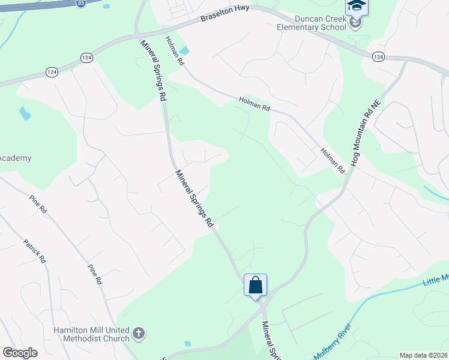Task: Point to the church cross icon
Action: tap(138, 333)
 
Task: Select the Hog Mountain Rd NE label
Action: tap(366, 133)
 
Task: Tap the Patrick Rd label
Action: tap(35, 251)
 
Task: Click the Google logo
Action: tap(20, 353)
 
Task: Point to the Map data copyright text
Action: tap(424, 355)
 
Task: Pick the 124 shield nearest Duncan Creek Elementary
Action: tap(378, 56)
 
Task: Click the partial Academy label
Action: tap(15, 158)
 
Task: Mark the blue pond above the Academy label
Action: tap(25, 113)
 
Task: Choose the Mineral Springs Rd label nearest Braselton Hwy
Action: tap(153, 70)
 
